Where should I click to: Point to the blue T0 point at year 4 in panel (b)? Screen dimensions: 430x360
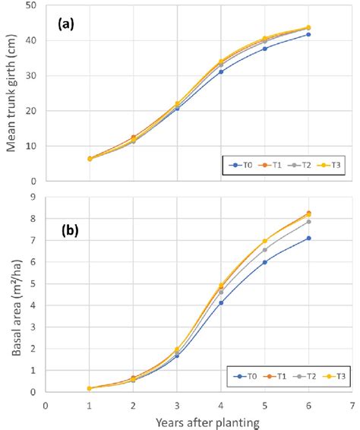(221, 302)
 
